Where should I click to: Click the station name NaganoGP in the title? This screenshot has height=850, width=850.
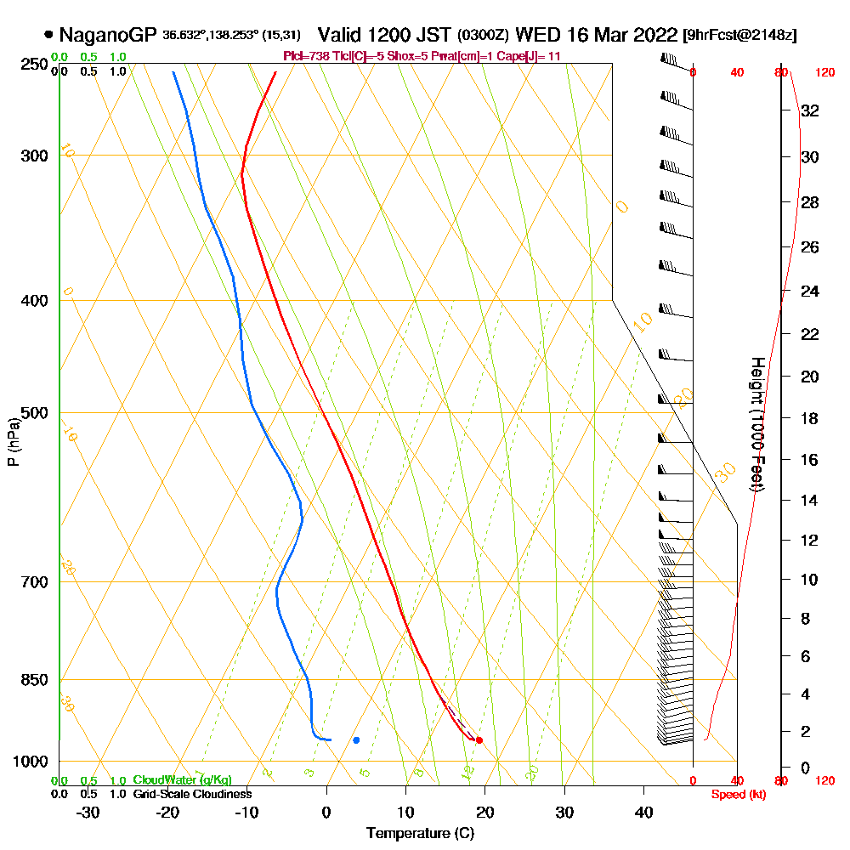108,35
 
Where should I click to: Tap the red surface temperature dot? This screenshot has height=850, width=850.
479,740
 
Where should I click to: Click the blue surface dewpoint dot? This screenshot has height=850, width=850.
356,740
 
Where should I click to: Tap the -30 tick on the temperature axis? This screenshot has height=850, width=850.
88,813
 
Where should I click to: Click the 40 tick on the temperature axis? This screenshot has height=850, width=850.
643,813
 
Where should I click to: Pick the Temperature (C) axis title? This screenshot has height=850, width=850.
420,834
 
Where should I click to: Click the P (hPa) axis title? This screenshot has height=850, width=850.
14,442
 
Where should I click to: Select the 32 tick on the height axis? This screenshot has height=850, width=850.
810,110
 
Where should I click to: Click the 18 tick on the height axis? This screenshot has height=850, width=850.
810,418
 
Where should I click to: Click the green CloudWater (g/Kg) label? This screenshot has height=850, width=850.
182,780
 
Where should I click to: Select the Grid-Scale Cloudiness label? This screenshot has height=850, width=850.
191,794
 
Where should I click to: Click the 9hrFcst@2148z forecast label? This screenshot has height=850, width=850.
740,36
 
